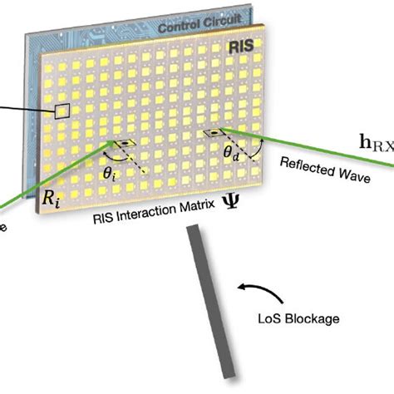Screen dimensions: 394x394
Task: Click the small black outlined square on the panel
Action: click(62, 111)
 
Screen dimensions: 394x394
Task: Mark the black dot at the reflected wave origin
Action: click(214, 133)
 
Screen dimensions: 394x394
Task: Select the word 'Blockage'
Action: click(305, 317)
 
